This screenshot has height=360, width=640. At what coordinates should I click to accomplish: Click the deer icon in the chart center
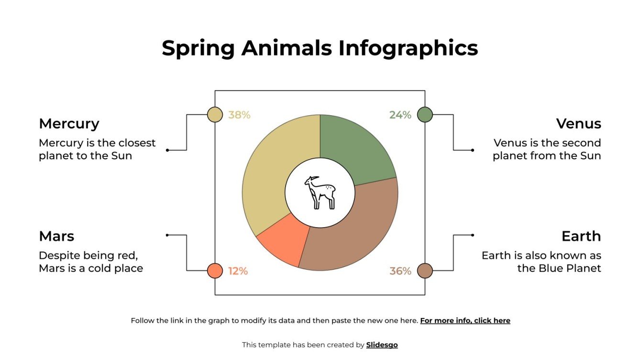320,193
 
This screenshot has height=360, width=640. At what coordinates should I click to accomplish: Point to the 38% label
239,115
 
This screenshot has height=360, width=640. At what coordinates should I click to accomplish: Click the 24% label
400,115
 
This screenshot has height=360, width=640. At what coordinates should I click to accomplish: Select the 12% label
238,271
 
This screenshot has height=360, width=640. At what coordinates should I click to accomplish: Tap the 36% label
400,271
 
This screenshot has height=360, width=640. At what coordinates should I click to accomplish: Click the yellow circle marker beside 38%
215,115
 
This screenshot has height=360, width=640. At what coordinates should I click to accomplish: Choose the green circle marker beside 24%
425,115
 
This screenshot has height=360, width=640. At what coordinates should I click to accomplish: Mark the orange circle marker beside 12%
215,271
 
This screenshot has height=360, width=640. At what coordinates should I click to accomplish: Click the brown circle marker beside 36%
425,271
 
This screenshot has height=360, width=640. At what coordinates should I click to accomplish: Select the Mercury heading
69,124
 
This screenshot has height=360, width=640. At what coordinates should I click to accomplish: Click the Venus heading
578,124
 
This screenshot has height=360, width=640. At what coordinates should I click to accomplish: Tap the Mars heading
56,236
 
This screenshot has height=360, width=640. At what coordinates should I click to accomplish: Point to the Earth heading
581,236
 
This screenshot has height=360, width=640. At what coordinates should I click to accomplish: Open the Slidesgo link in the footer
382,345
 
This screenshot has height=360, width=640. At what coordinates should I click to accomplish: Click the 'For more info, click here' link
465,321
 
